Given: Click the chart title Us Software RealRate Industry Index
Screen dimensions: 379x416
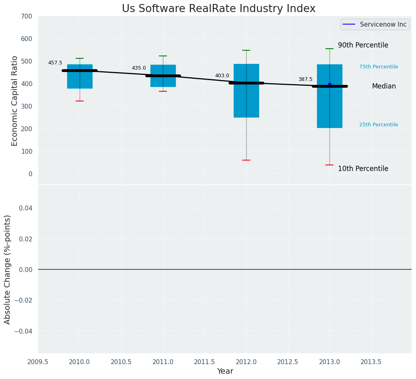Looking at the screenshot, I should click(218, 9).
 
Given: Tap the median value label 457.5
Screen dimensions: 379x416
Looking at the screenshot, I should click(55, 63).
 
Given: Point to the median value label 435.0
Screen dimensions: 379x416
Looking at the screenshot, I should click(139, 68).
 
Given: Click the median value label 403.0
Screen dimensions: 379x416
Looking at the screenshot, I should click(222, 76).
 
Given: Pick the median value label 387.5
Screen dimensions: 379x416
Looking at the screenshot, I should click(305, 80).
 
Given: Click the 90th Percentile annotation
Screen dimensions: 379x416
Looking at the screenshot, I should click(363, 45).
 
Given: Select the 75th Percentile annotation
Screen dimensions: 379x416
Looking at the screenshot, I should click(379, 67).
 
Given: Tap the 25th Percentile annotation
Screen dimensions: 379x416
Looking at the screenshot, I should click(379, 125).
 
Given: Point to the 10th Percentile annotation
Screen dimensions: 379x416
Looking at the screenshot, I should click(363, 169).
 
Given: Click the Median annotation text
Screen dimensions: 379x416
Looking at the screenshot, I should click(384, 87).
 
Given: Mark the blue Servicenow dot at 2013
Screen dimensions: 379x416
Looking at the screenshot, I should click(330, 84).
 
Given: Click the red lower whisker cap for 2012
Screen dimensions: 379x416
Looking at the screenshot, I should click(246, 160).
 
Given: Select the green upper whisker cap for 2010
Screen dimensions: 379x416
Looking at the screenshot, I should click(80, 58).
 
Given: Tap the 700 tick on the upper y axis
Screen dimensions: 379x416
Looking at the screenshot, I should click(27, 16).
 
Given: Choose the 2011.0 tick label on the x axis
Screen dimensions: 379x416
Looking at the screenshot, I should click(163, 362).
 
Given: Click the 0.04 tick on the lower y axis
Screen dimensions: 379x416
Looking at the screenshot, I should click(25, 208).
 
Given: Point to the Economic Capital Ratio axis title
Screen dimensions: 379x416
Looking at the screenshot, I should click(15, 101).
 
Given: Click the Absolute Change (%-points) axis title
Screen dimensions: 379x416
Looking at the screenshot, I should click(8, 269).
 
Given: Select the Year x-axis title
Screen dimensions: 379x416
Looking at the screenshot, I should click(225, 371).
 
